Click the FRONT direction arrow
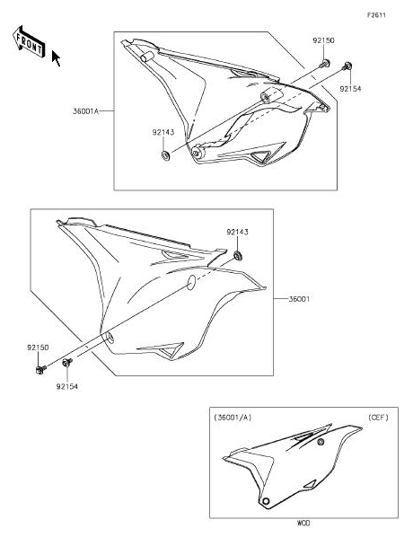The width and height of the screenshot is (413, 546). pyautogui.click(x=29, y=41)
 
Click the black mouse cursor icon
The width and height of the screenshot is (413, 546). pyautogui.click(x=56, y=58)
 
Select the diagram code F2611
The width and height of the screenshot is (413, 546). pyautogui.click(x=376, y=15)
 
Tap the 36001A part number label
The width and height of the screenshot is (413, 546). pyautogui.click(x=85, y=111)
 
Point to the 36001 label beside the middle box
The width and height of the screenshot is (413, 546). pyautogui.click(x=299, y=299)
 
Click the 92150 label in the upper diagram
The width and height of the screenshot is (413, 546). pyautogui.click(x=323, y=40)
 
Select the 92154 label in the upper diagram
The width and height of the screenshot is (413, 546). pyautogui.click(x=350, y=89)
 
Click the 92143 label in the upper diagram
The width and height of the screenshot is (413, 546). pyautogui.click(x=163, y=133)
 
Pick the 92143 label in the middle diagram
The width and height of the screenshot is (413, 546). pyautogui.click(x=238, y=232)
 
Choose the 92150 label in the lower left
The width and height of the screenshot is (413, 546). pyautogui.click(x=38, y=348)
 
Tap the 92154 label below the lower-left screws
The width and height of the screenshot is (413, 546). pyautogui.click(x=66, y=386)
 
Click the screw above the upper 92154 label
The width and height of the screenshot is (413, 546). pyautogui.click(x=347, y=66)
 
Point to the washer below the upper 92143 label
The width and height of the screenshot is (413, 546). pyautogui.click(x=165, y=155)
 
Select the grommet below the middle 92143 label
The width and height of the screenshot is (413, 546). pyautogui.click(x=238, y=257)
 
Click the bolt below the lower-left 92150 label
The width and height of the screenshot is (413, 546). pyautogui.click(x=40, y=369)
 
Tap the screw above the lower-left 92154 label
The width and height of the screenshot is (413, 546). pyautogui.click(x=66, y=363)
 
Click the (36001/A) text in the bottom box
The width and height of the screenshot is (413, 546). pyautogui.click(x=233, y=418)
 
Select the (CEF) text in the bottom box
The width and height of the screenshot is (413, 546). pyautogui.click(x=379, y=418)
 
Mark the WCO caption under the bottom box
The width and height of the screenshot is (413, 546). pyautogui.click(x=303, y=523)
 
